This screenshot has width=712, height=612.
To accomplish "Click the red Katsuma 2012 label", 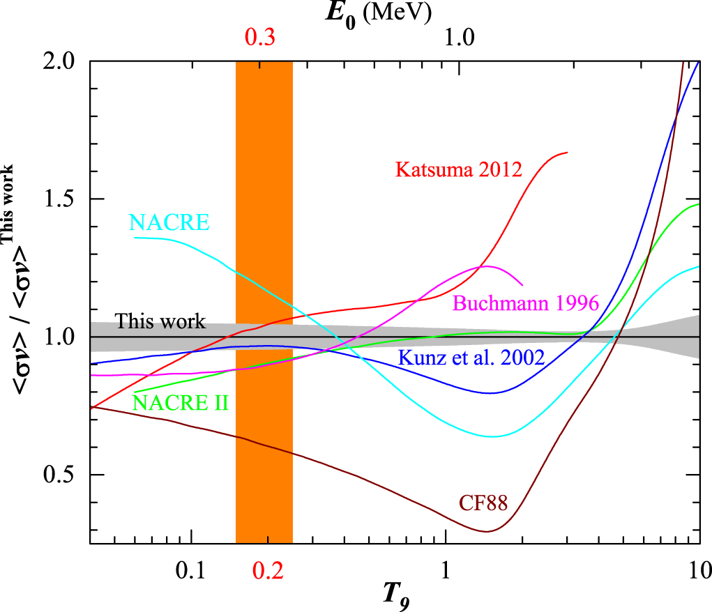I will click(x=458, y=169).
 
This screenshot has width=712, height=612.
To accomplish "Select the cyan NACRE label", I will click(x=169, y=222).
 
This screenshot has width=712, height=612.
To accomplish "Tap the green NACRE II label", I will click(x=180, y=402).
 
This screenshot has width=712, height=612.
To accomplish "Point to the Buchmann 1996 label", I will click(x=526, y=303).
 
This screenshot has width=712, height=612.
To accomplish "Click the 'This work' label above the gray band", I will click(x=160, y=321).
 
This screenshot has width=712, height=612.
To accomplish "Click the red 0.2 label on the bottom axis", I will click(x=267, y=570).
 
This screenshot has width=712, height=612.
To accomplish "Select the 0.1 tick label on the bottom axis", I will click(x=190, y=570).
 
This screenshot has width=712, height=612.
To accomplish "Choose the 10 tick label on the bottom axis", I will click(x=699, y=570).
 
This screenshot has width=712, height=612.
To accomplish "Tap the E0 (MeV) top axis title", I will click(x=381, y=12).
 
